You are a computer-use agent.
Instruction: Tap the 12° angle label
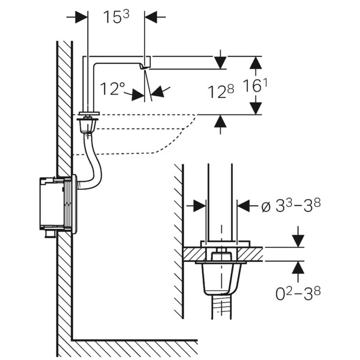click(x=113, y=89)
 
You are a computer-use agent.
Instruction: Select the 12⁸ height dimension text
click(x=221, y=91)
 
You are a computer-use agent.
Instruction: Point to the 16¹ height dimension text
click(x=255, y=85)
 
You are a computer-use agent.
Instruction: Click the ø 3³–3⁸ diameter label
click(x=291, y=205)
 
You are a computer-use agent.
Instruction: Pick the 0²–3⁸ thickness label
click(x=298, y=294)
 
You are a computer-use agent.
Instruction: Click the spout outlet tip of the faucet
click(x=144, y=67)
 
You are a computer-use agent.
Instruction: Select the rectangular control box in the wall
click(x=52, y=203)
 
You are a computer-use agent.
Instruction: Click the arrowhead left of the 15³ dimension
click(x=81, y=17)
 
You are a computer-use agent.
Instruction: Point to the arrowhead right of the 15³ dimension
click(x=151, y=17)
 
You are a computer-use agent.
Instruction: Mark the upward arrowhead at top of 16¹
click(x=255, y=63)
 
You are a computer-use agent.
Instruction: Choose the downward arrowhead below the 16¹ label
click(x=255, y=109)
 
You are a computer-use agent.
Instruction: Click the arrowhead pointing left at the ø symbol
click(x=243, y=206)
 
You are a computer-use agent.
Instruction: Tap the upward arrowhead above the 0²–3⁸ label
click(x=298, y=268)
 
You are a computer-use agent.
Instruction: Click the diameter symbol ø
click(x=266, y=206)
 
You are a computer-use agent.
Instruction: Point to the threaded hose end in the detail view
click(x=221, y=307)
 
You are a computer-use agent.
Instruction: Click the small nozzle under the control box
click(x=50, y=233)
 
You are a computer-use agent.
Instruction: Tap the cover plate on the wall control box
click(x=74, y=204)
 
